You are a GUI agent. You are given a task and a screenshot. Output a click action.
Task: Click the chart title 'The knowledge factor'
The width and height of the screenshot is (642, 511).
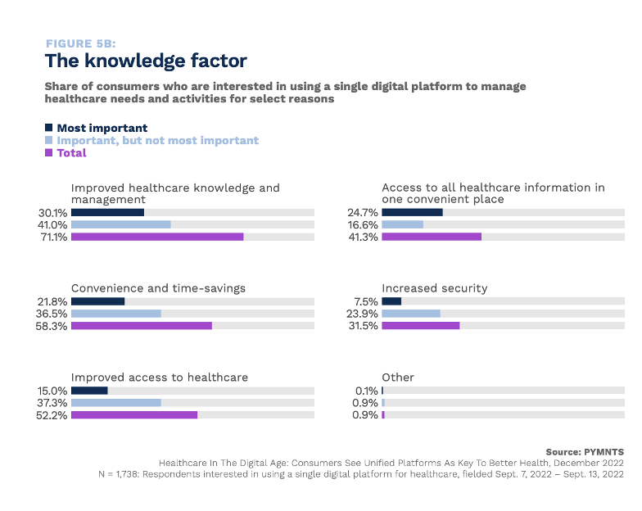coord(145,61)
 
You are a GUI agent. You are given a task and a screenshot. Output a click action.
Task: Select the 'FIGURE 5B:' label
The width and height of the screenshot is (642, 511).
coord(80,43)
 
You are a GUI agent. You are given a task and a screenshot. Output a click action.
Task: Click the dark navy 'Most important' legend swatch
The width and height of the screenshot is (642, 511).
coord(49,128)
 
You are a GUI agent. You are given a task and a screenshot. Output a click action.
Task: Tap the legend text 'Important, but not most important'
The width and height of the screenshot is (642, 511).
coord(157,140)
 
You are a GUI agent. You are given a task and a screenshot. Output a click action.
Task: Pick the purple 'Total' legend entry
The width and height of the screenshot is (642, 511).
coord(71,153)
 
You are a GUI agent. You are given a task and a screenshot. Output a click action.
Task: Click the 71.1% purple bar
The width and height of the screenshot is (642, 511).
coord(157,237)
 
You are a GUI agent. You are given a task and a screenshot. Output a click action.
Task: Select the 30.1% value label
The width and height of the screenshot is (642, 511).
coord(52,213)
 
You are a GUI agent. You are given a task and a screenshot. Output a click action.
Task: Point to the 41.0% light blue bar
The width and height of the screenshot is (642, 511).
coord(120,224)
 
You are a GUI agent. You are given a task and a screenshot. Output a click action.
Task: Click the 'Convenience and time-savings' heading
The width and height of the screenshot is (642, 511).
coord(158,288)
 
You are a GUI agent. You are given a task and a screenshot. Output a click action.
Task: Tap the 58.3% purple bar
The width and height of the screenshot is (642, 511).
coord(141,326)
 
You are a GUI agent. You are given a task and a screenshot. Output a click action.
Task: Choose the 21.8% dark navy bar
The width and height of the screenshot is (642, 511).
coord(97,301)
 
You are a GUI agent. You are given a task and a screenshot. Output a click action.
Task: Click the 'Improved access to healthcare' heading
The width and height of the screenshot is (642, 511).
coord(160,378)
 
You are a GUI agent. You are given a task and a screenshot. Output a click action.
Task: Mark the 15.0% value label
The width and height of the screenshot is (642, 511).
coord(52,391)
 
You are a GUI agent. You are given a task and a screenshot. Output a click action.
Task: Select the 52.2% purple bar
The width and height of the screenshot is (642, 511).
coord(134,415)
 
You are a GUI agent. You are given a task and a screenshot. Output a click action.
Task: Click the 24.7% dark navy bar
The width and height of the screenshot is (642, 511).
coord(412,213)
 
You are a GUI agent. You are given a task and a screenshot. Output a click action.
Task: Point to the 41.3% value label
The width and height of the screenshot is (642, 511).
coord(363,237)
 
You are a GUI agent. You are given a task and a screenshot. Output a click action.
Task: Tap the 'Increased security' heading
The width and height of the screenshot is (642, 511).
coord(434,288)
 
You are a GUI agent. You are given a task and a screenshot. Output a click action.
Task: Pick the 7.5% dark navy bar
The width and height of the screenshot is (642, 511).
coord(391,301)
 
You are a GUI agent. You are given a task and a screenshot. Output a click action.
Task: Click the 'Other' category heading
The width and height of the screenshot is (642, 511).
coord(398,378)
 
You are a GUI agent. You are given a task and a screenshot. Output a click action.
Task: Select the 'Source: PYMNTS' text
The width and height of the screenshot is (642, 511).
coord(585,452)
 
